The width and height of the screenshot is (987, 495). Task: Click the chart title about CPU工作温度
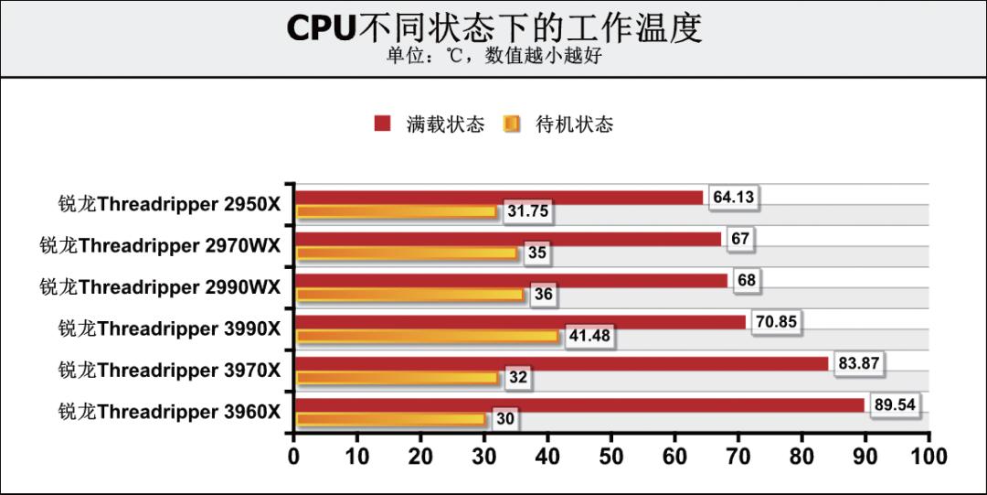pos(493,27)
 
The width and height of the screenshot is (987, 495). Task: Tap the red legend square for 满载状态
pos(383,124)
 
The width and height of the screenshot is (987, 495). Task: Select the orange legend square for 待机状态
pos(512,124)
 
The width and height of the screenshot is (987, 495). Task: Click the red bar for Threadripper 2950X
pos(499,197)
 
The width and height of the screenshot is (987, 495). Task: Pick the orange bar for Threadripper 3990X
pos(427,337)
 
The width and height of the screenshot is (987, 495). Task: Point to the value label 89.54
pos(895,404)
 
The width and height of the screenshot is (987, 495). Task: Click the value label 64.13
pos(735,196)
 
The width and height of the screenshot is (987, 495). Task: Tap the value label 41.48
pos(589,337)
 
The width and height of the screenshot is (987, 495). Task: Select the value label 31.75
pos(527,211)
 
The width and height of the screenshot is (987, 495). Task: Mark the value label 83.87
pos(859,363)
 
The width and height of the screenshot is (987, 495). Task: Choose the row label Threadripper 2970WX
pos(160,245)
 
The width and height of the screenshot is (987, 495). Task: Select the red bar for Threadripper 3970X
pos(561,363)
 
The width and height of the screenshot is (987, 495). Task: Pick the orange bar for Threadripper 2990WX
pos(410,295)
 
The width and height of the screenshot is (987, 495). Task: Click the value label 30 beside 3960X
pos(505,420)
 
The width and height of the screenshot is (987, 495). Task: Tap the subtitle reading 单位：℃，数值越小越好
pos(493,56)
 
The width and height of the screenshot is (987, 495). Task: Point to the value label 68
pos(747,280)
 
